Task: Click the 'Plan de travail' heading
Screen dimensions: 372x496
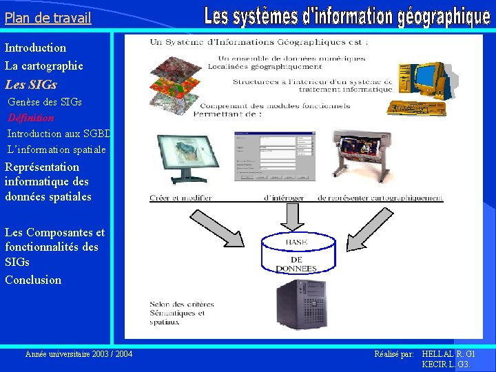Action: [48, 18]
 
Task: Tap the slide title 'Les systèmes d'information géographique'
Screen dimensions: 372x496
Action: [347, 17]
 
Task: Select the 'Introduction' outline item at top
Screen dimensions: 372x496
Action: [36, 48]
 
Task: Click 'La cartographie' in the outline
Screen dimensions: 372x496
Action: [44, 66]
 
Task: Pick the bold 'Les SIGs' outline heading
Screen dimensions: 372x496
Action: [31, 85]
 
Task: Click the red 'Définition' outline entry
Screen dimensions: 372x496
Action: [31, 118]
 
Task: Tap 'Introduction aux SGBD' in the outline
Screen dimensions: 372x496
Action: [59, 134]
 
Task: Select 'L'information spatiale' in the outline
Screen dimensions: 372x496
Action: [56, 149]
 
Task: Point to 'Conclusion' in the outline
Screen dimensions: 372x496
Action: [33, 280]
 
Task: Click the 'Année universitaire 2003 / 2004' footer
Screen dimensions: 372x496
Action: [79, 354]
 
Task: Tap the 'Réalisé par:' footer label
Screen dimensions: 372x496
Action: [393, 354]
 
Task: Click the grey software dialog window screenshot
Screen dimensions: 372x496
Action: [274, 156]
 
